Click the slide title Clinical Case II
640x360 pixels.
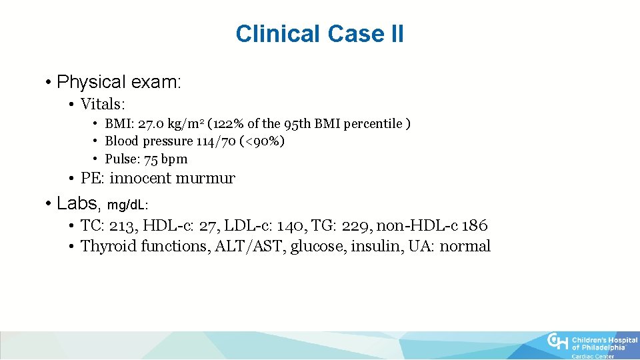pos(319,33)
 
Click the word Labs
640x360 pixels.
pos(77,202)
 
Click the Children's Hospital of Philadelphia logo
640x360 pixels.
pos(591,345)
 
